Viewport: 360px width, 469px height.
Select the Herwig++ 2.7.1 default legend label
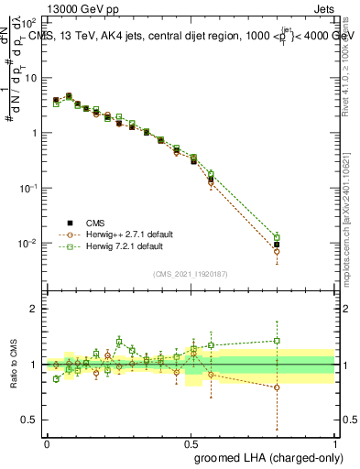(127, 234)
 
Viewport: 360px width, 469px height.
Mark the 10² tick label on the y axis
(30, 21)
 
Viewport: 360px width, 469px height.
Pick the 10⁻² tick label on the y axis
(30, 243)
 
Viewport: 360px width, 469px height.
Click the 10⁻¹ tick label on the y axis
(30, 188)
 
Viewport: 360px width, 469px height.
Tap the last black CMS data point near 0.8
(278, 245)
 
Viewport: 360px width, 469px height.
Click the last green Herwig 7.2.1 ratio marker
(278, 341)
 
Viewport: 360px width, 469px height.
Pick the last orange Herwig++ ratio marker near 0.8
(278, 387)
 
